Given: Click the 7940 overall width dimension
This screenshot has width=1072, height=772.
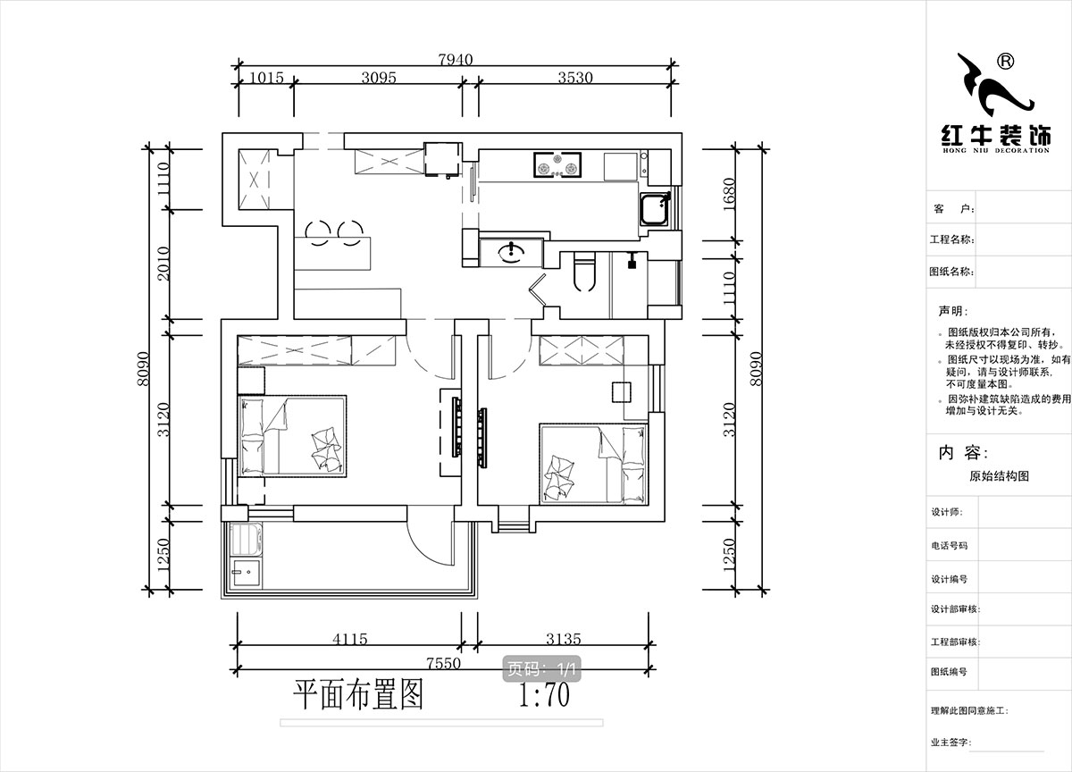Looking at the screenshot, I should click(x=456, y=59).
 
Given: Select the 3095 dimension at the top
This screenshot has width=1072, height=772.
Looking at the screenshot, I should click(x=379, y=78).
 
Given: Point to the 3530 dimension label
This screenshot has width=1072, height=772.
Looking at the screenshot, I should click(x=575, y=78).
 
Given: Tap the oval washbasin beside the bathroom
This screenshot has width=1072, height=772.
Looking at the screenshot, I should click(x=511, y=252).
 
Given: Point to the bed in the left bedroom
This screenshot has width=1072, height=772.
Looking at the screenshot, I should click(x=292, y=435).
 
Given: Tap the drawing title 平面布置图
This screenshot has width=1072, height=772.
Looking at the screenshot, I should click(x=358, y=693).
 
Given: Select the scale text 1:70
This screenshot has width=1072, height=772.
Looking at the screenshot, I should click(x=544, y=694).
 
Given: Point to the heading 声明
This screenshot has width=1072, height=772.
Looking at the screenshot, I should click(x=951, y=312).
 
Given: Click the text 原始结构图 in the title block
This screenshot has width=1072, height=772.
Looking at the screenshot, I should click(x=999, y=476).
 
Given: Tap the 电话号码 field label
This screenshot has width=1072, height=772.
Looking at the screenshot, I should click(x=949, y=545).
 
